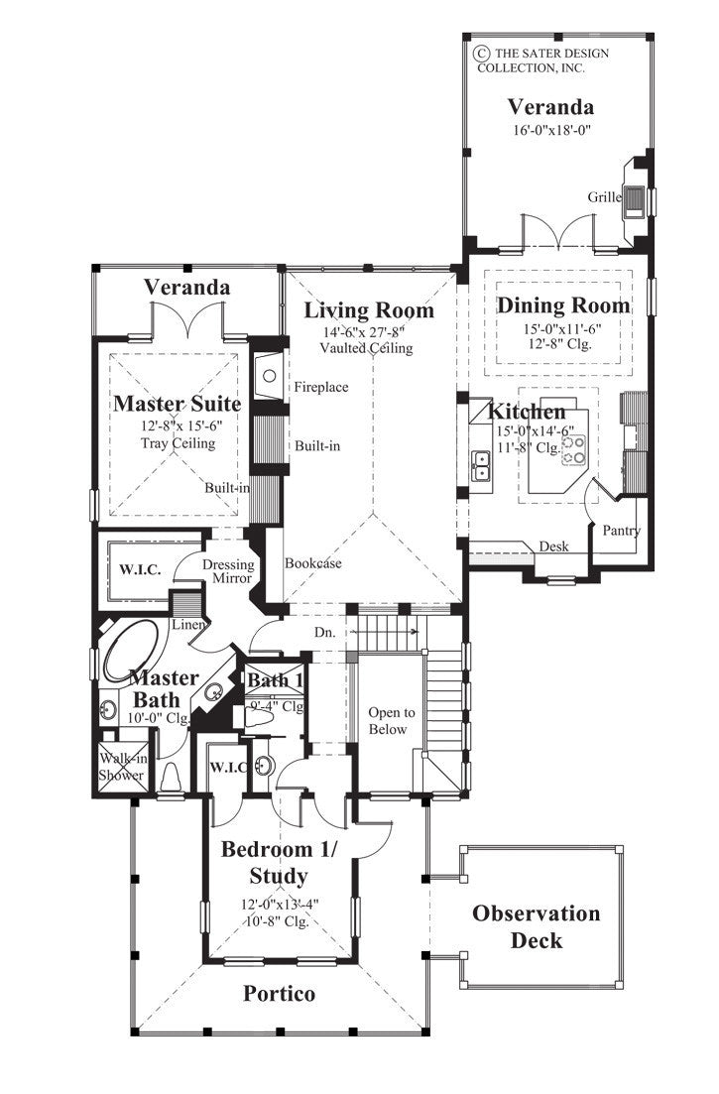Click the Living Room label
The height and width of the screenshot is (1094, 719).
(369, 310)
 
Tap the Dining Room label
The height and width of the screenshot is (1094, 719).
(562, 305)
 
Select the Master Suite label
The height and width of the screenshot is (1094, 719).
(177, 404)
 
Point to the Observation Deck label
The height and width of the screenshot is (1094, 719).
(536, 926)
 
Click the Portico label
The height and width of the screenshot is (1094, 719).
(279, 993)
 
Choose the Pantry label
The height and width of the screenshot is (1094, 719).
(621, 531)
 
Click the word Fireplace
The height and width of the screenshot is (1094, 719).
(320, 387)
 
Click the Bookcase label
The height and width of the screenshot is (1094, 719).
(313, 562)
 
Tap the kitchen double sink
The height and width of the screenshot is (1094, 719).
(480, 464)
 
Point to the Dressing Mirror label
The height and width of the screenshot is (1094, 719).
(229, 571)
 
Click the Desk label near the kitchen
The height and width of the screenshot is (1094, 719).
(552, 547)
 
